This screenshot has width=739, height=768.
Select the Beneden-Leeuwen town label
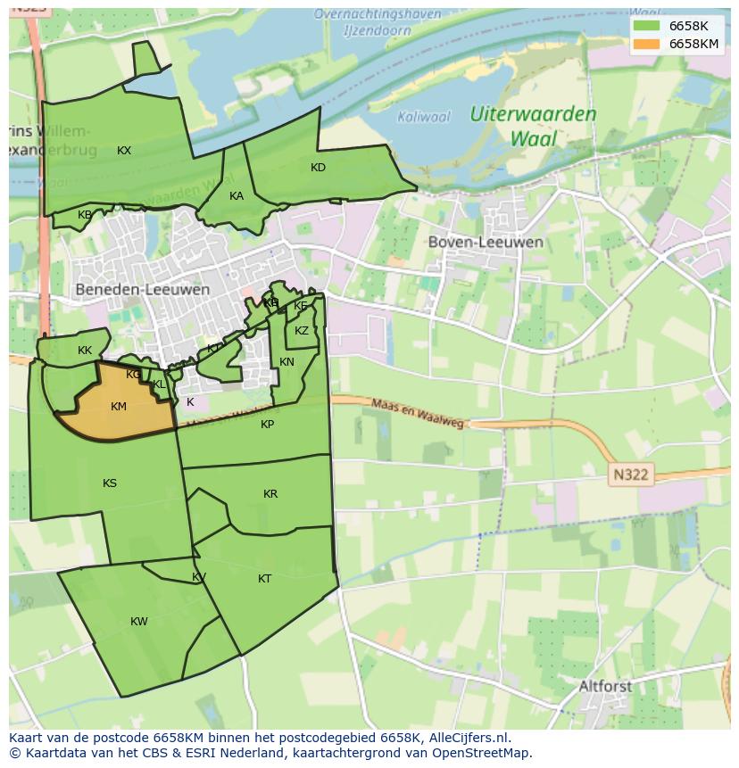pyautogui.click(x=143, y=289)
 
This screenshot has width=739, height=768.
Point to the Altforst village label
pyautogui.click(x=605, y=686)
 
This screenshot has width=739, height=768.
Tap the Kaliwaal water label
pyautogui.click(x=424, y=117)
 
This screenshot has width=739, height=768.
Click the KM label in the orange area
pyautogui.click(x=119, y=407)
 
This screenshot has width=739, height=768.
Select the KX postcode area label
pyautogui.click(x=124, y=151)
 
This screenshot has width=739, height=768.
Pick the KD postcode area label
pyautogui.click(x=318, y=168)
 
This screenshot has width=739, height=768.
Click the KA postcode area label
pyautogui.click(x=236, y=196)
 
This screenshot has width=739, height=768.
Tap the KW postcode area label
pyautogui.click(x=139, y=622)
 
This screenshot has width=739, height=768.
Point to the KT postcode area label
pyautogui.click(x=264, y=579)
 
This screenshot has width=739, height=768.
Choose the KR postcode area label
pyautogui.click(x=270, y=494)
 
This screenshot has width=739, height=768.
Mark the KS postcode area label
pyautogui.click(x=110, y=483)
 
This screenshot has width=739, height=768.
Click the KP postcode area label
pyautogui.click(x=268, y=425)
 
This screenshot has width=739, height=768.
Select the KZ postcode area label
pyautogui.click(x=302, y=331)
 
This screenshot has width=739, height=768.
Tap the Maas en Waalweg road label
pyautogui.click(x=419, y=413)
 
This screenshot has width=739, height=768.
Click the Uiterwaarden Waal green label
pyautogui.click(x=534, y=126)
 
